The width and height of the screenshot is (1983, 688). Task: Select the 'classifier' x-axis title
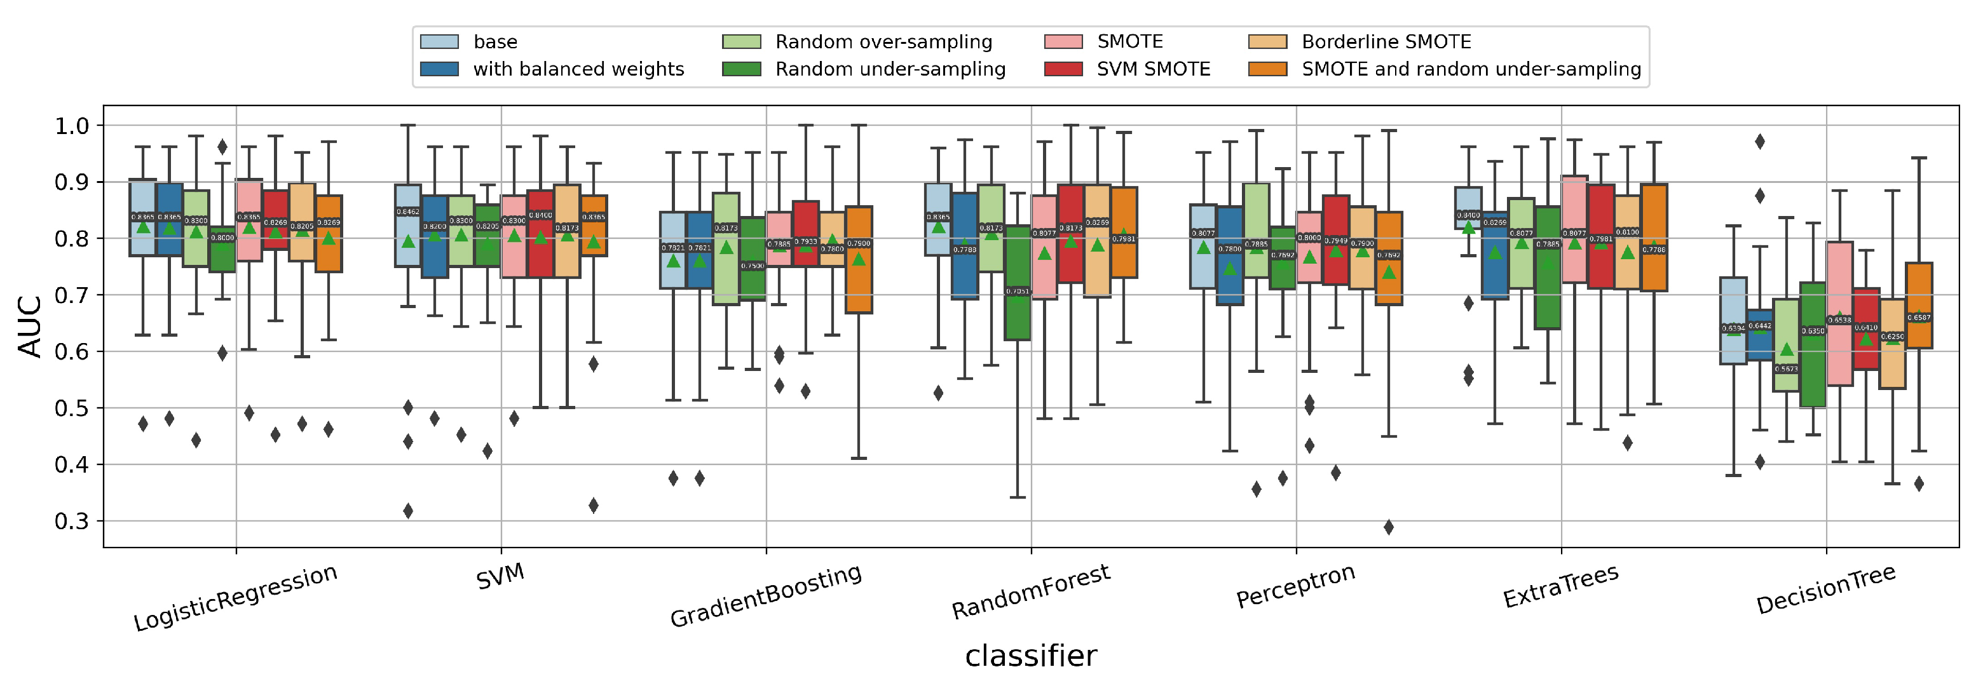pyautogui.click(x=1031, y=656)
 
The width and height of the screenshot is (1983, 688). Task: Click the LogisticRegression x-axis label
pyautogui.click(x=235, y=598)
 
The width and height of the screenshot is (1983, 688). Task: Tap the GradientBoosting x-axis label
pyautogui.click(x=765, y=596)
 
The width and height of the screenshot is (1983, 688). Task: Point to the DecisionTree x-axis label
pyautogui.click(x=1825, y=590)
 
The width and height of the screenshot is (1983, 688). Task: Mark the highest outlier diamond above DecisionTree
pyautogui.click(x=1760, y=142)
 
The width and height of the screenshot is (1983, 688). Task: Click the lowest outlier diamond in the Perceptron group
pyautogui.click(x=1389, y=527)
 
